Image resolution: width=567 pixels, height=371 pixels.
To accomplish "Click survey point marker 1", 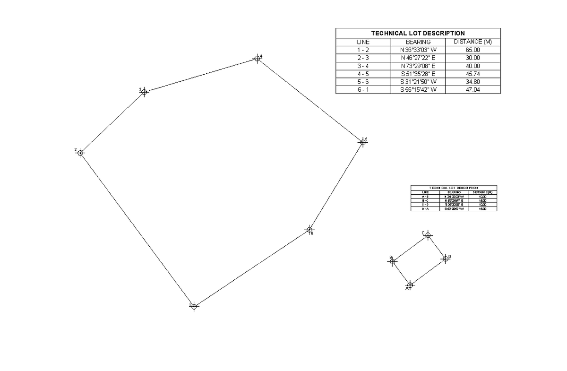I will tap(195, 306).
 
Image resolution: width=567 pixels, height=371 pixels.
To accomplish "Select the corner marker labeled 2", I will tap(80, 152).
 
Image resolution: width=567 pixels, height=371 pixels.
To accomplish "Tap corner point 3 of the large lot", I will tap(144, 92).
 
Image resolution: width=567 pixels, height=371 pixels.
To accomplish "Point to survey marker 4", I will tap(257, 58).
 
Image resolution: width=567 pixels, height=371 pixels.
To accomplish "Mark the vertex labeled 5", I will tap(362, 141).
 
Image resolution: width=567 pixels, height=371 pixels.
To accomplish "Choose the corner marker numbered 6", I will tap(309, 230).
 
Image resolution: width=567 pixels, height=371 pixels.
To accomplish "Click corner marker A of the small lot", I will tap(410, 285).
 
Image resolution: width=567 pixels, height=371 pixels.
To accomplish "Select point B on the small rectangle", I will tap(393, 261).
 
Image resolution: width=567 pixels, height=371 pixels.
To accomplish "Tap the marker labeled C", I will tap(428, 235).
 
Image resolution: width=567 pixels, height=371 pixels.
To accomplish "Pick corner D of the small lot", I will tap(445, 259).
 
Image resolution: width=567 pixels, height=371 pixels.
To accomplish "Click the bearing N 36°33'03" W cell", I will tap(418, 50).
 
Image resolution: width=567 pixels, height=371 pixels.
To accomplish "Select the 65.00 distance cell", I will tap(472, 50).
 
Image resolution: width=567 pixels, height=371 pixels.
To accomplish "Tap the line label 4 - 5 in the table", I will tap(363, 74).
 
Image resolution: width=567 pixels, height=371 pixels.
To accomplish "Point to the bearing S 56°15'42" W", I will tap(418, 90).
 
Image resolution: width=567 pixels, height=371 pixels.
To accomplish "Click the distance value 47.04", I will tap(472, 90).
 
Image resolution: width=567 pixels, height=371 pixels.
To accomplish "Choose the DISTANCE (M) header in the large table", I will tap(472, 42).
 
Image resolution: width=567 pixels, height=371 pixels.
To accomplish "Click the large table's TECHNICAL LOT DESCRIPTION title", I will tap(418, 33).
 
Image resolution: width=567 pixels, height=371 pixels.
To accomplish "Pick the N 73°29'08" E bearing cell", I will tap(418, 66).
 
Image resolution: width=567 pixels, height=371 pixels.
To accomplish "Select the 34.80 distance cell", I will tap(472, 82).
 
